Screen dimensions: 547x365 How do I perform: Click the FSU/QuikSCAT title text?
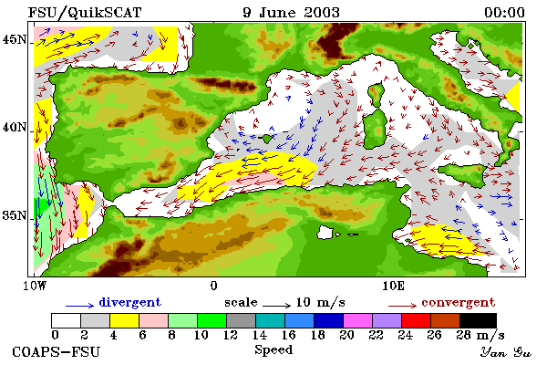(x=85, y=13)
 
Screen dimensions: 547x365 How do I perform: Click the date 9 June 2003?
(x=291, y=13)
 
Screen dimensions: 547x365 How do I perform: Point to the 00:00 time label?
(x=504, y=13)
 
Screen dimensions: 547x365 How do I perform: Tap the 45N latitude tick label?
(x=14, y=40)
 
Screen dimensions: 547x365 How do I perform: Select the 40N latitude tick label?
(x=14, y=128)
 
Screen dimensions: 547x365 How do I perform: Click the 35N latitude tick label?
(x=14, y=215)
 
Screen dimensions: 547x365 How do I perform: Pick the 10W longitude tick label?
(x=35, y=286)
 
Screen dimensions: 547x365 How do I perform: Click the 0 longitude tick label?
(x=214, y=286)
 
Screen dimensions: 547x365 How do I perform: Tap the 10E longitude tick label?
(x=393, y=286)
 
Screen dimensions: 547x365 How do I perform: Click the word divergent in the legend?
(x=129, y=302)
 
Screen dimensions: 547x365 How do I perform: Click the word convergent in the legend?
(x=458, y=302)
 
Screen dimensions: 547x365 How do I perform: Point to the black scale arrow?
(x=276, y=306)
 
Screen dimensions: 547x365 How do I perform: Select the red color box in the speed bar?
(x=416, y=320)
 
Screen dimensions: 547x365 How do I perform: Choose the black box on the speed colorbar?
(x=478, y=320)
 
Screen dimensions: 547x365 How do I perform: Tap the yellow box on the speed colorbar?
(x=124, y=320)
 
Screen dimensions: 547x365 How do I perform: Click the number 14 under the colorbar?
(x=259, y=335)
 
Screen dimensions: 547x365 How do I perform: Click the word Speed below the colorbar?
(x=273, y=350)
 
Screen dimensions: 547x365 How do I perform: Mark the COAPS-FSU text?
(x=57, y=351)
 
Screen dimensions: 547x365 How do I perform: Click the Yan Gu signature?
(x=505, y=352)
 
